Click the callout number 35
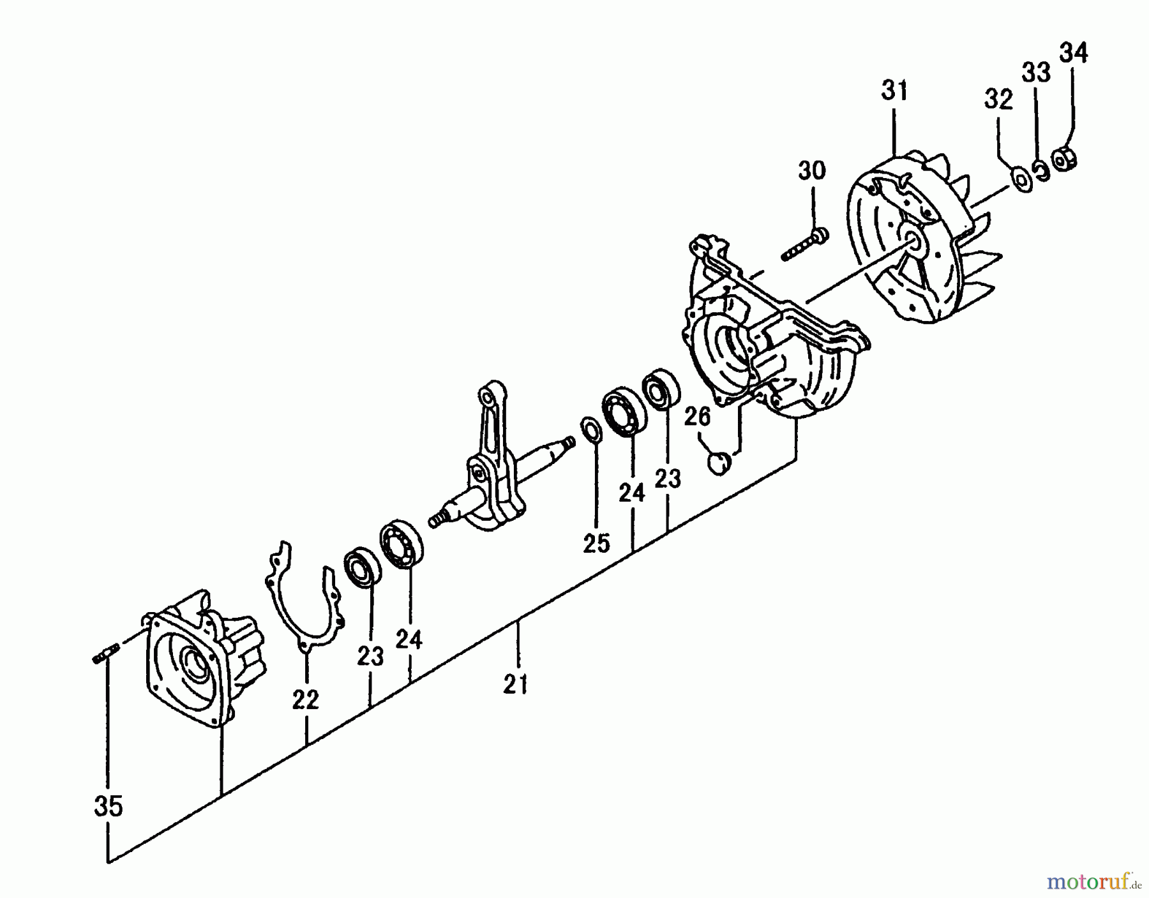tap(108, 807)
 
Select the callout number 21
tap(515, 684)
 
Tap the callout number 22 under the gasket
tap(305, 700)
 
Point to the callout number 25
tap(596, 543)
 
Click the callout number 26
tap(697, 417)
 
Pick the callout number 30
tap(811, 171)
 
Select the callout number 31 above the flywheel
tap(894, 91)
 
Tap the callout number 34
tap(1074, 53)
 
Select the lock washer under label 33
tap(1042, 171)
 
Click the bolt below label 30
tap(804, 246)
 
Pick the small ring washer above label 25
tap(591, 428)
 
